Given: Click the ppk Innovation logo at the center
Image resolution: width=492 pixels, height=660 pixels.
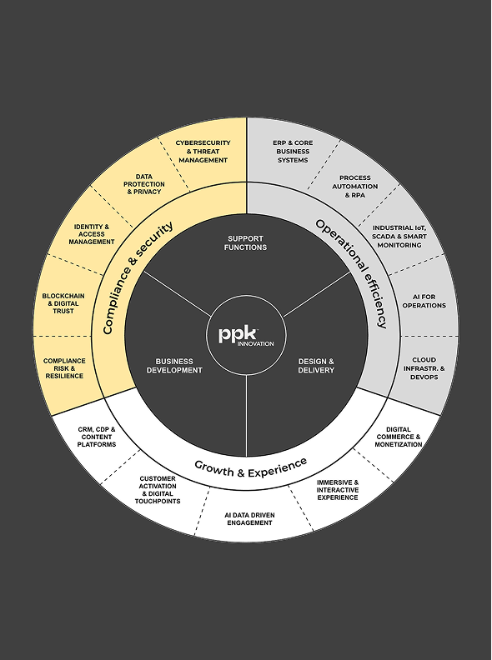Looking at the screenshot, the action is tap(246, 336).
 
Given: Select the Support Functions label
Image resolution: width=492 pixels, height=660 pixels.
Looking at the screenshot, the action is tap(245, 242).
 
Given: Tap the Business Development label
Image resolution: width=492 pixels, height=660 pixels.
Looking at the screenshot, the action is tap(174, 366).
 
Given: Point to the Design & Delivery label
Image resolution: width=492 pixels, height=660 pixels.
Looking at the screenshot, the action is tap(316, 366).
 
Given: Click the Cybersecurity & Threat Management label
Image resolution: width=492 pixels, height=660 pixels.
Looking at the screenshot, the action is tap(203, 152).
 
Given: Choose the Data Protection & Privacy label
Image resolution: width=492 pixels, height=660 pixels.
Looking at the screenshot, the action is tap(144, 184).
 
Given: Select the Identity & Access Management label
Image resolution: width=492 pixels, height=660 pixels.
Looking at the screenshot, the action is tap(92, 234).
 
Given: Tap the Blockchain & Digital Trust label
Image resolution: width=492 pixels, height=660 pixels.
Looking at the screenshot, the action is tap(63, 303).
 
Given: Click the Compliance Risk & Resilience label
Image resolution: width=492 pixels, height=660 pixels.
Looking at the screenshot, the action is tap(64, 368).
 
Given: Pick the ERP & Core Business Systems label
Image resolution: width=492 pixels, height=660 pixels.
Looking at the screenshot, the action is tap(293, 152).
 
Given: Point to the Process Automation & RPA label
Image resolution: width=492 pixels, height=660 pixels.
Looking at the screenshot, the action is tap(355, 187).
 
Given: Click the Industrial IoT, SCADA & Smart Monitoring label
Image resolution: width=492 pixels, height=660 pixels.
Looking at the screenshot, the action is tap(399, 236).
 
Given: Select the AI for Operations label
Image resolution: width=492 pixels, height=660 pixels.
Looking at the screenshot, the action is tap(424, 301).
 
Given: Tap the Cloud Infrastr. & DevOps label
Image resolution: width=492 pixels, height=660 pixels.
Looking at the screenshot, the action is tap(424, 368).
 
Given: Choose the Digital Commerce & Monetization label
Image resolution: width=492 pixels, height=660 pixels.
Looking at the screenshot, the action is tap(399, 437).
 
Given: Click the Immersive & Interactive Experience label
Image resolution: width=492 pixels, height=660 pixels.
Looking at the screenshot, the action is tap(338, 490).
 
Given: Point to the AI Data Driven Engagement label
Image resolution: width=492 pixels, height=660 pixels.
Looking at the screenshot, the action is tap(250, 519).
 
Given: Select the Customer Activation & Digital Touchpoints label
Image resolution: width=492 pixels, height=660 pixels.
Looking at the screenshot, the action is tap(158, 490).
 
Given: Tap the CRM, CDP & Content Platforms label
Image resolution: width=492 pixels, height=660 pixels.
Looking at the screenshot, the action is tap(97, 437).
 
